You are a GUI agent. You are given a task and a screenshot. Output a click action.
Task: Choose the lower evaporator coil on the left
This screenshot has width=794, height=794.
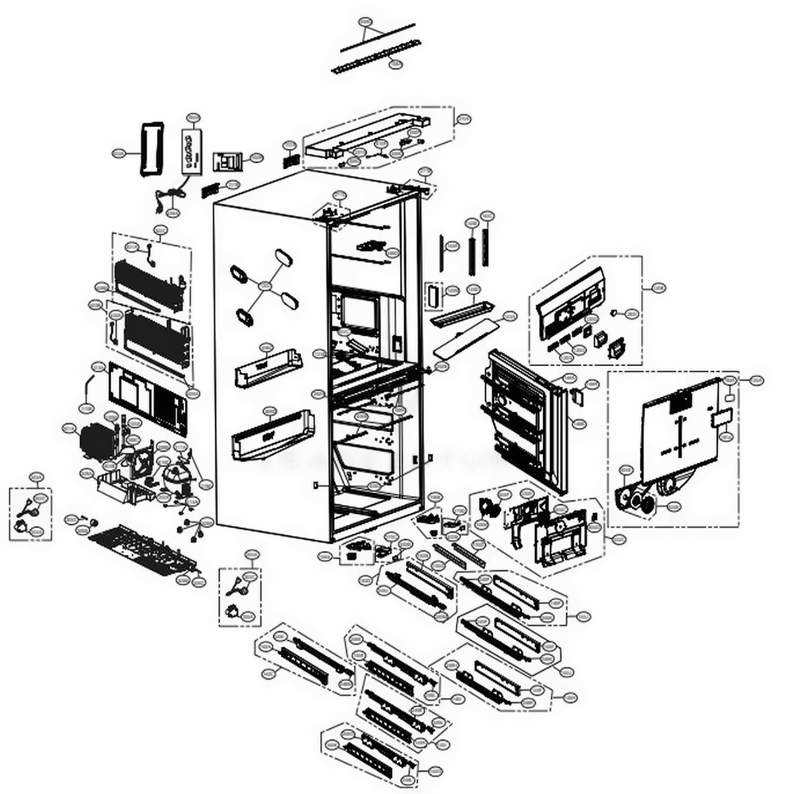pyautogui.click(x=156, y=334)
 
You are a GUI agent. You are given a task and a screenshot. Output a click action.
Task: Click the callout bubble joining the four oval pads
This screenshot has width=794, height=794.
pyautogui.click(x=265, y=285)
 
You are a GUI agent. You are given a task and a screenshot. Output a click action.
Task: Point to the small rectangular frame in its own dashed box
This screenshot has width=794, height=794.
pyautogui.click(x=433, y=294)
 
